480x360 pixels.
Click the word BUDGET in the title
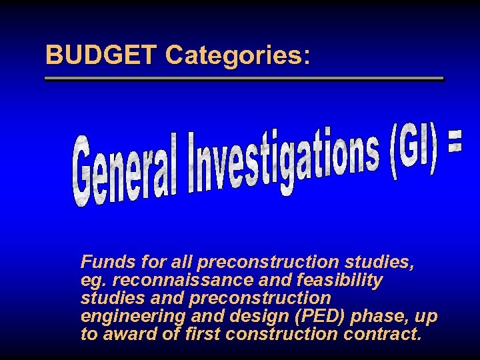[x=101, y=55]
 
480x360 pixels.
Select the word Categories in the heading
[x=233, y=55]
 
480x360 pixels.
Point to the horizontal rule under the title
[x=243, y=79]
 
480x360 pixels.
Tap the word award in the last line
[x=131, y=334]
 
